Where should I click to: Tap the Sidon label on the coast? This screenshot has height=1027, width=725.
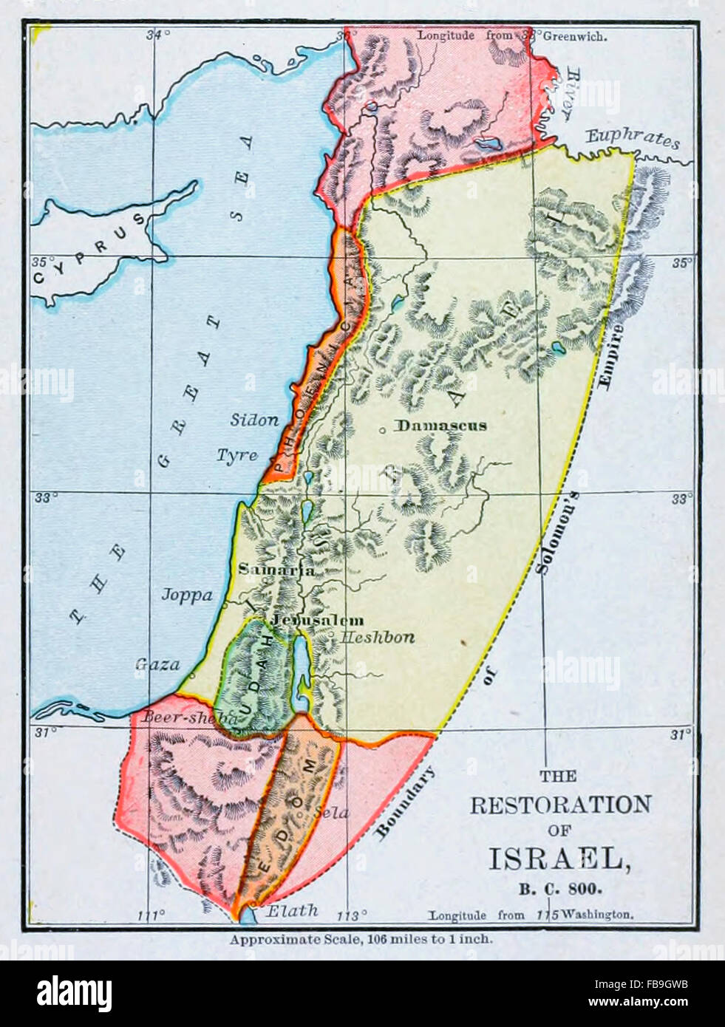pos(254,420)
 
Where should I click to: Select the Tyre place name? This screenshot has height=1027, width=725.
pos(236,455)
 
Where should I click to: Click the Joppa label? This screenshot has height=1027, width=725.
pos(187,595)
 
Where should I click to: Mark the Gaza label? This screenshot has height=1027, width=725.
pos(157,664)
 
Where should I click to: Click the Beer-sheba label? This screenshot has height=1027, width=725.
pos(188,717)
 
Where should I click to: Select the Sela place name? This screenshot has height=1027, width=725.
pos(331,812)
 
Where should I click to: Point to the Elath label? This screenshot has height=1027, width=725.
pos(292,911)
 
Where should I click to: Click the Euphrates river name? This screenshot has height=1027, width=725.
pos(632,138)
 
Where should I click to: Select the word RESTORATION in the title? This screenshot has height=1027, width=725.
pos(561,805)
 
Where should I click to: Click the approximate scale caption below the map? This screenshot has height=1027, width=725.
pos(361,940)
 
